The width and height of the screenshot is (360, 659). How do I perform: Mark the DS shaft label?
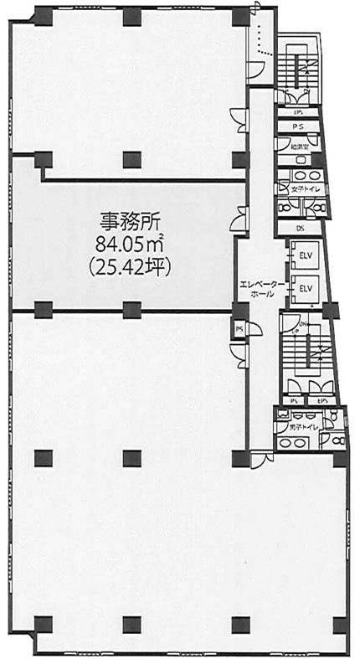tap(301, 227)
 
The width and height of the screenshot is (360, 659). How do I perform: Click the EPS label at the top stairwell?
tap(299, 111)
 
